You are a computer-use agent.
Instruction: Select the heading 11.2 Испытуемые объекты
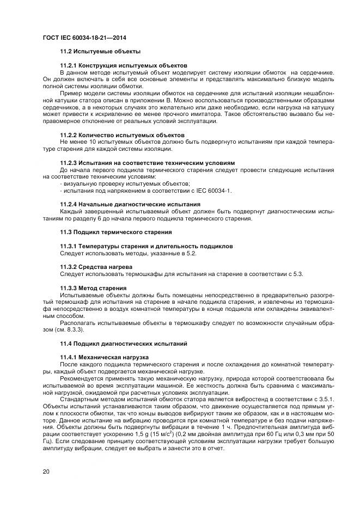pos(100,51)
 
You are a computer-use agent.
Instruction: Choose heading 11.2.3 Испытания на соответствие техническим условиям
pos(147,163)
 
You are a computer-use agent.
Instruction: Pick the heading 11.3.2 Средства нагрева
pos(96,267)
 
